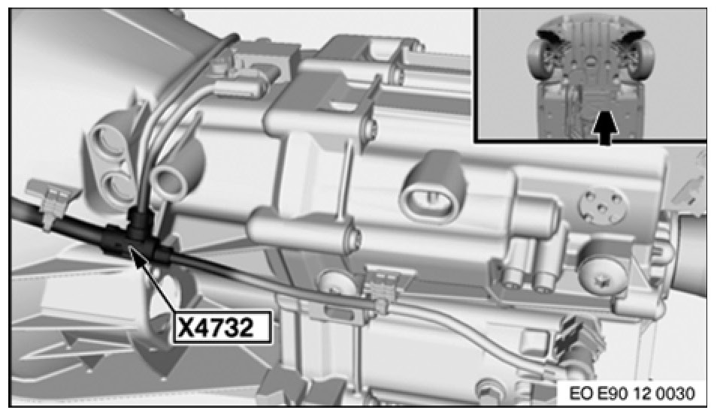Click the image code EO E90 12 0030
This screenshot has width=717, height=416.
[632, 393]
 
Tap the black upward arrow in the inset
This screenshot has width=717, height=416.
[605, 128]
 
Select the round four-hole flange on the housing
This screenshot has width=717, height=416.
[601, 206]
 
